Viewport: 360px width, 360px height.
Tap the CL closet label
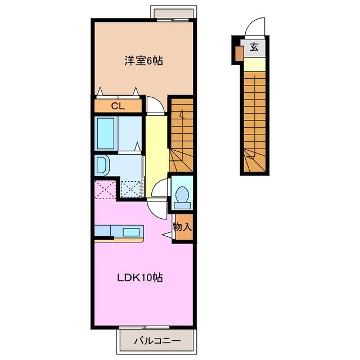tap(118, 105)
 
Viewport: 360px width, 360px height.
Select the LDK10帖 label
tap(140, 277)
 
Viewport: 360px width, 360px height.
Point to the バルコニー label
tap(157, 341)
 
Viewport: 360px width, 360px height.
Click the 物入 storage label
tap(182, 227)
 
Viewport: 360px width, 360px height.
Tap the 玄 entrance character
tap(254, 47)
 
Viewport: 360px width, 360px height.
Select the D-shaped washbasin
tap(102, 165)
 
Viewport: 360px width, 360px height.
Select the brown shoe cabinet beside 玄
tap(239, 53)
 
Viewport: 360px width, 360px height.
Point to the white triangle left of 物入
tap(166, 233)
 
